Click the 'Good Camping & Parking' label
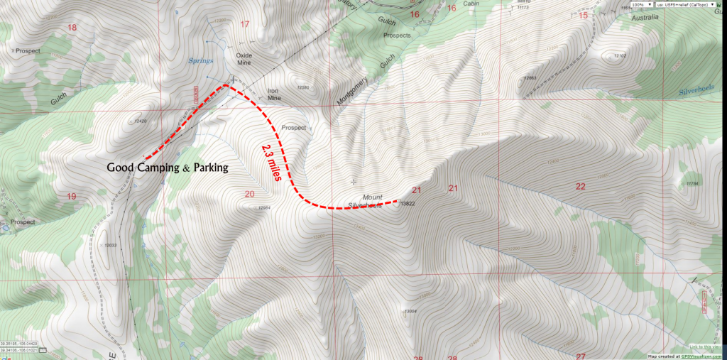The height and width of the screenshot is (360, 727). (x=167, y=168)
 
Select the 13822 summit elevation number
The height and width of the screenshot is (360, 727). (x=407, y=204)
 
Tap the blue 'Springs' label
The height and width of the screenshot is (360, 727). (x=200, y=61)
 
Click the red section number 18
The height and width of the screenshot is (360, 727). (x=72, y=27)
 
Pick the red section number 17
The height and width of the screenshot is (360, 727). (x=246, y=25)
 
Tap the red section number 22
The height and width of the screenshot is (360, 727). (x=580, y=187)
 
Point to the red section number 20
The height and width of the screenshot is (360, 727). (x=248, y=194)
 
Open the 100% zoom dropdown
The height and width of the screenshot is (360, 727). (x=640, y=4)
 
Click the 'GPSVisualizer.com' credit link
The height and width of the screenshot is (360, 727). (x=701, y=356)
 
